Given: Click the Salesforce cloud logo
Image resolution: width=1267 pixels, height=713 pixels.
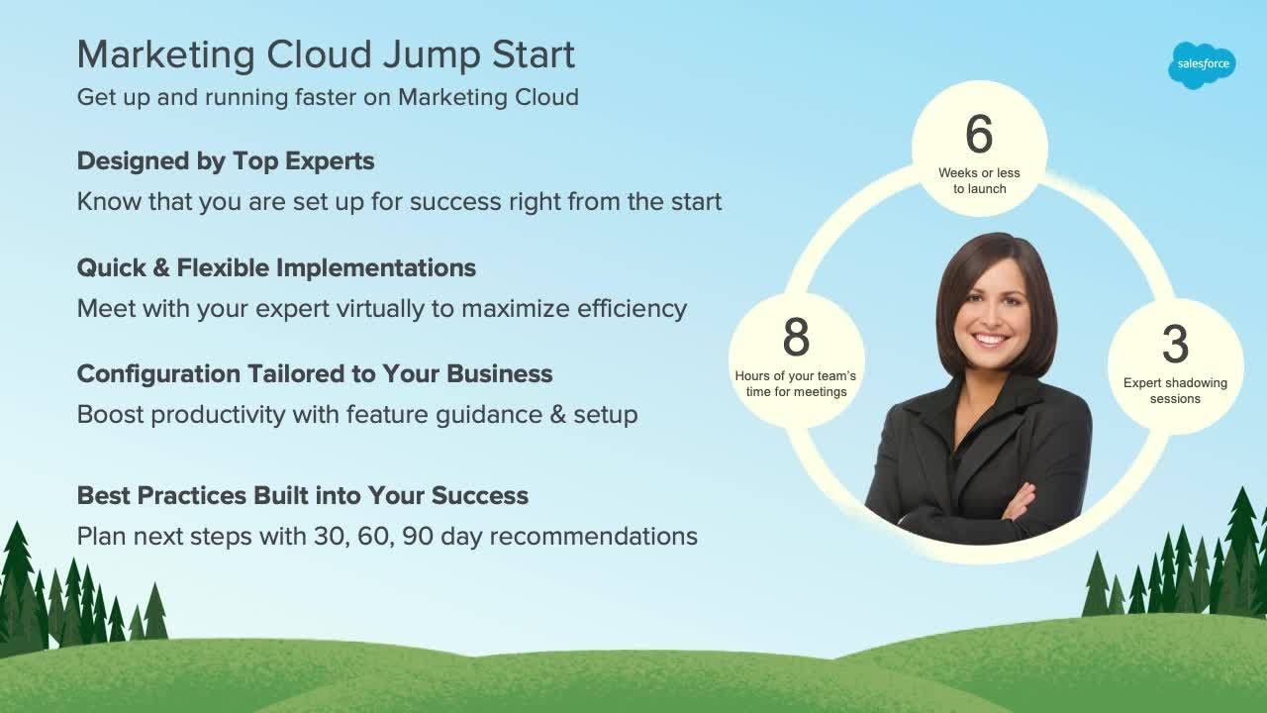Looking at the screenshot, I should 1202,64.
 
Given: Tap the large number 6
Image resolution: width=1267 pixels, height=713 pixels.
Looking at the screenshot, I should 979,135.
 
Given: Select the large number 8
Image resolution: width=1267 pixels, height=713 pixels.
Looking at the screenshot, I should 796,338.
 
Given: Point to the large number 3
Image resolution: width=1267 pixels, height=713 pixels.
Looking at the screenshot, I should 1175,344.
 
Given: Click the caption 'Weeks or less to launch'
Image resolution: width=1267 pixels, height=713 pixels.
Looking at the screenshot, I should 979,180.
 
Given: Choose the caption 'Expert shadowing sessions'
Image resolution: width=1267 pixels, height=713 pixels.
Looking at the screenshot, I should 1175,390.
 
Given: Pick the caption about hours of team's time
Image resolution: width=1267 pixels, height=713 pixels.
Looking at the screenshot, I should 796,383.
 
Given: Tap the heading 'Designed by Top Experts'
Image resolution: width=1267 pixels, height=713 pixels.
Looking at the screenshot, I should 226,160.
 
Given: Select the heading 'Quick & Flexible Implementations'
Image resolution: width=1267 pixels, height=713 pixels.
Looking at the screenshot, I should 276,267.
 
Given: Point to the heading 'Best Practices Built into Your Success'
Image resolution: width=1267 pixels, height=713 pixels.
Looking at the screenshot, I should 303,495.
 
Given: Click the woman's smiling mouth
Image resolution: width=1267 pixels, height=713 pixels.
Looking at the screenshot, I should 992,339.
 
